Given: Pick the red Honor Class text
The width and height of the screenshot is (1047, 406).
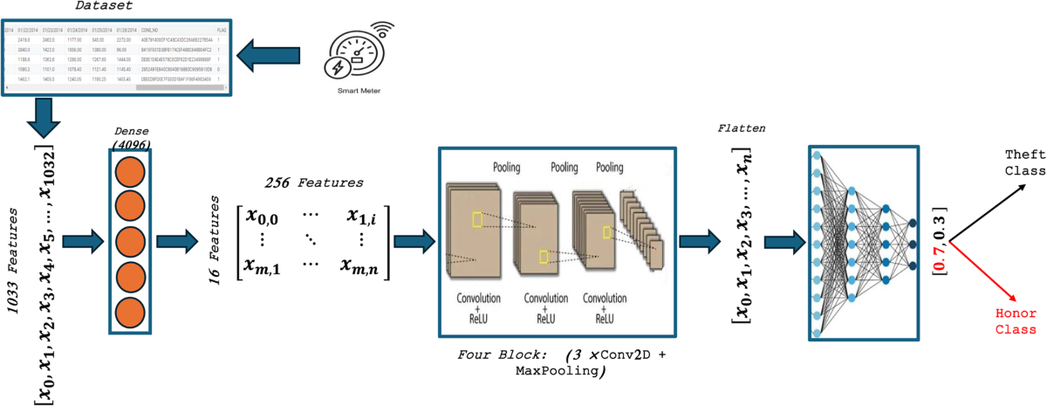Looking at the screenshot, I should (x=1017, y=320).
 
